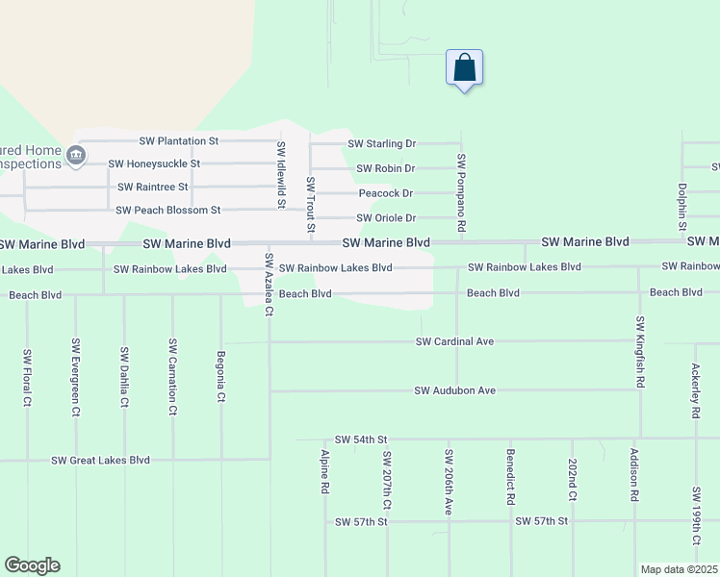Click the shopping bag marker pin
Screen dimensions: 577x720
pyautogui.click(x=464, y=69)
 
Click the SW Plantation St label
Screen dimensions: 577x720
pyautogui.click(x=179, y=141)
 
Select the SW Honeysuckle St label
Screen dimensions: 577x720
pyautogui.click(x=154, y=164)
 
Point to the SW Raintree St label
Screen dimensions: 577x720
pyautogui.click(x=152, y=188)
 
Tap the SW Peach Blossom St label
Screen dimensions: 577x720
pyautogui.click(x=168, y=211)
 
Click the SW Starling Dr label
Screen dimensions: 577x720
pyautogui.click(x=381, y=144)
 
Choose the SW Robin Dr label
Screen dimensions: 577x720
pyautogui.click(x=385, y=169)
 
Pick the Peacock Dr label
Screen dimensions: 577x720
pyautogui.click(x=386, y=194)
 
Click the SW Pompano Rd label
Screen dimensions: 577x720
pyautogui.click(x=462, y=192)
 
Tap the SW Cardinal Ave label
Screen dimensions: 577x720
pyautogui.click(x=454, y=341)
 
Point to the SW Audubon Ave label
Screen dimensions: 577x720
pyautogui.click(x=454, y=391)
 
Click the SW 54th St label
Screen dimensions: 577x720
pyautogui.click(x=360, y=439)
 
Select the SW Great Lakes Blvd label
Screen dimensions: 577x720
pyautogui.click(x=100, y=461)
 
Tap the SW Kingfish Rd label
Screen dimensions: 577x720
pyautogui.click(x=640, y=350)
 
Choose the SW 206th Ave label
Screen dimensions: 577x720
pyautogui.click(x=449, y=481)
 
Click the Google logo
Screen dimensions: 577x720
pyautogui.click(x=32, y=565)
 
